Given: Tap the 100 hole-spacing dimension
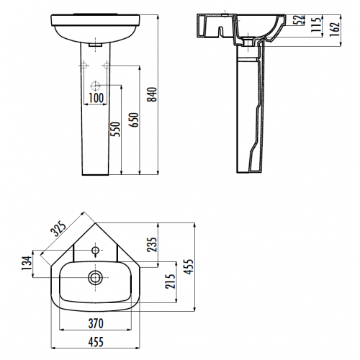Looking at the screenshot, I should pos(96,96).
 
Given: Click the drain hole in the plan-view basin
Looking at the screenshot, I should pos(94,276).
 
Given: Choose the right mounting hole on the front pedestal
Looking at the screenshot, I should pos(106,66).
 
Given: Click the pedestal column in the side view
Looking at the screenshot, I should pos(248,115).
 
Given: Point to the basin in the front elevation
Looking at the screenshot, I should pos(95,27).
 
